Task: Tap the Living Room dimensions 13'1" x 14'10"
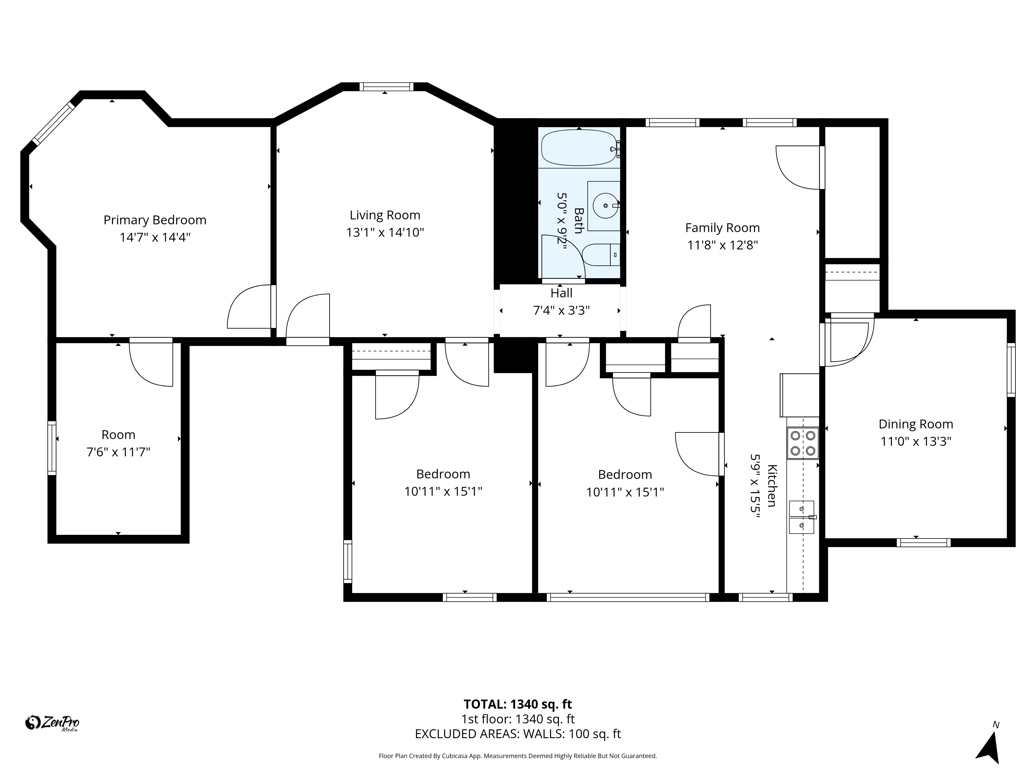(x=385, y=232)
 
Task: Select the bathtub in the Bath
(x=579, y=148)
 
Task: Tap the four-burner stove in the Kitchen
(x=803, y=443)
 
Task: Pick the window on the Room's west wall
(x=52, y=448)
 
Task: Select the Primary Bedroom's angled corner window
(x=53, y=123)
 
